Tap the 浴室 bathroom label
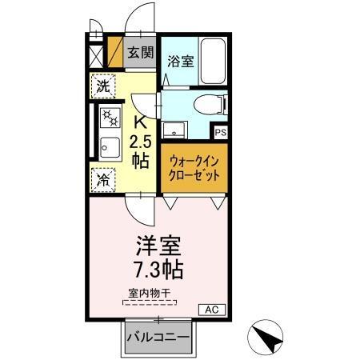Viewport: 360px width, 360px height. tap(179, 61)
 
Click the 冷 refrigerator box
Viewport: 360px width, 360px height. tap(104, 179)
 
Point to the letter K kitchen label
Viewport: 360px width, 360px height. tap(139, 123)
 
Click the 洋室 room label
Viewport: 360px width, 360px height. tap(159, 243)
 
